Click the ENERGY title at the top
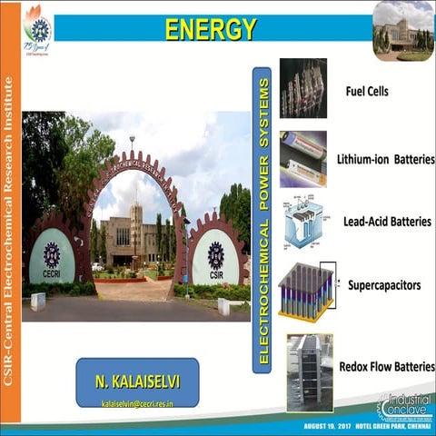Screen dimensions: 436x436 [x=211, y=29]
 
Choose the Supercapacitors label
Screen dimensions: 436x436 [x=384, y=285]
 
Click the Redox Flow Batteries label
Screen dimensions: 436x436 [x=386, y=366]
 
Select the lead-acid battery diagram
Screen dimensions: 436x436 [x=303, y=223]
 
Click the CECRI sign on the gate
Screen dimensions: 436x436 [x=51, y=254]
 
